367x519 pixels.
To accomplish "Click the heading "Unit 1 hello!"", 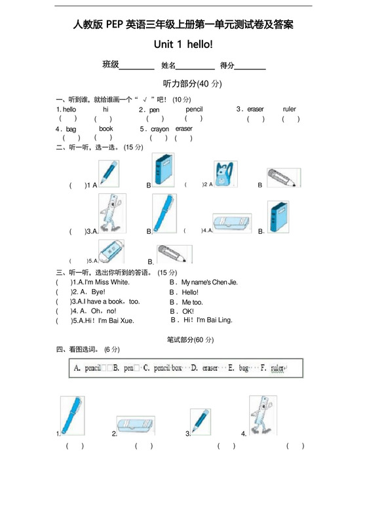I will (183, 45).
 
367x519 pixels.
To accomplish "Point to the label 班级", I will (110, 65).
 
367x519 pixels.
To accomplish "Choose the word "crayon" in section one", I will (160, 129).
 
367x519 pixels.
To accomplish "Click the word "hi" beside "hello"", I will (106, 109).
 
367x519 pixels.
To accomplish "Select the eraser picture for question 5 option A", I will (111, 252).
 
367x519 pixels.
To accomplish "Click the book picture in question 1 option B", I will (163, 172).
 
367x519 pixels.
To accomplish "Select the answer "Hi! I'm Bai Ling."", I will (206, 320).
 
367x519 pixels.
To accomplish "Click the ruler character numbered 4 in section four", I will (263, 416).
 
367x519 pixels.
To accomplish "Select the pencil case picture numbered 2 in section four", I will (136, 426).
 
